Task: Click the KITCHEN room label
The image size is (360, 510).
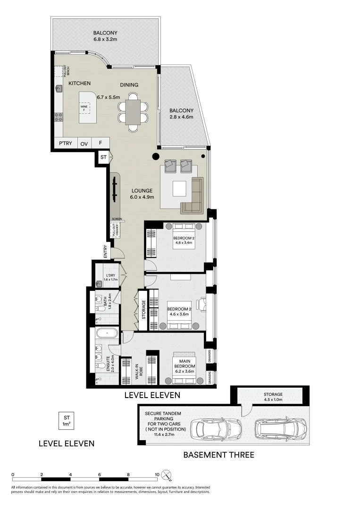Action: [79, 83]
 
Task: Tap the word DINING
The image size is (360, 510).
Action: [129, 85]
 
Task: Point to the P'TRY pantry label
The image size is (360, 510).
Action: [65, 143]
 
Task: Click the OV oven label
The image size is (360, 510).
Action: [84, 143]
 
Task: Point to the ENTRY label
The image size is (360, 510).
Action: [106, 251]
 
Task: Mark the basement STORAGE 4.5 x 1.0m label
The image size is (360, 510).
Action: [273, 397]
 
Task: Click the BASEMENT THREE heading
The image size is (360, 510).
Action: [218, 455]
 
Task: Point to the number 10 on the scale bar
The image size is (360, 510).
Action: [157, 474]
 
